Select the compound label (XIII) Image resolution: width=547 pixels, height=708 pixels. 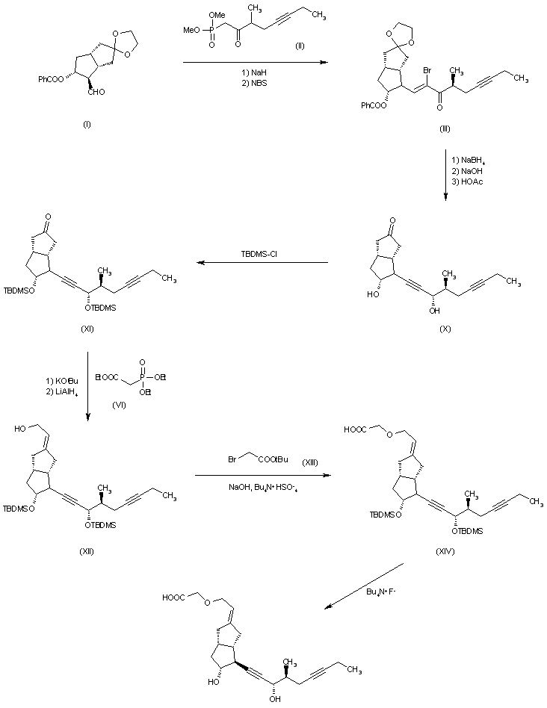[309, 463]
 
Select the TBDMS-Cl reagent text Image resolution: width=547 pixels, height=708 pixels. [261, 254]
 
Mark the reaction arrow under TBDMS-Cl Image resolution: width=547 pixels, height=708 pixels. [262, 263]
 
